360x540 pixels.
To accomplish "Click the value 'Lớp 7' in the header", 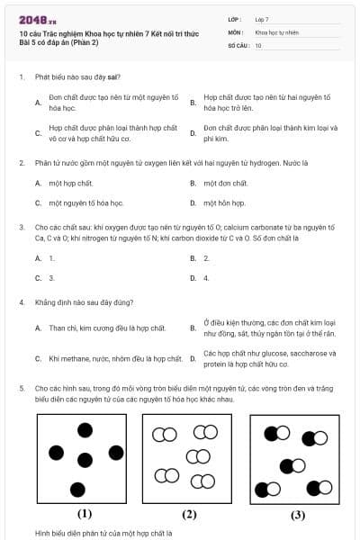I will (262, 19).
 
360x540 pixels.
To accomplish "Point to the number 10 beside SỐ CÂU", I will (258, 44).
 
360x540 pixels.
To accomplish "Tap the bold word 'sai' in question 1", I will (112, 76).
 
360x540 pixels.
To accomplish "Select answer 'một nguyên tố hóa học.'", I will (86, 203).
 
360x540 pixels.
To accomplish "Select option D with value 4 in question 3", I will (206, 278).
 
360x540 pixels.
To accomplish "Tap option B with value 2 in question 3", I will (206, 257).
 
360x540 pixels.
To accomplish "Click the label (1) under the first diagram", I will (85, 514).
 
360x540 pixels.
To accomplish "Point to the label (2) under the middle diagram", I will (189, 514).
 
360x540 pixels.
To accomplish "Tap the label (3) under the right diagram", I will (297, 516).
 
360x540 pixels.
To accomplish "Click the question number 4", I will (22, 302).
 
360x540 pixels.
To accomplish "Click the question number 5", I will (22, 387).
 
